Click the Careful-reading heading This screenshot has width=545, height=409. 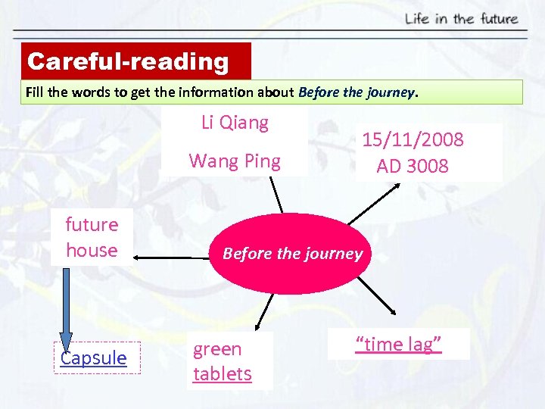[128, 61]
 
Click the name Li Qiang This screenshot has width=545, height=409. [235, 123]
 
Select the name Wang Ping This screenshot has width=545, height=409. [235, 161]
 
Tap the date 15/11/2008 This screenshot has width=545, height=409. [413, 140]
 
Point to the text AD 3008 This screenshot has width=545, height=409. [413, 165]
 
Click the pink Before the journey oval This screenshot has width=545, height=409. [292, 254]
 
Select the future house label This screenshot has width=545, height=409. [92, 237]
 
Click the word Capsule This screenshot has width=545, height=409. [94, 357]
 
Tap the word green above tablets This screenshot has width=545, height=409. [217, 349]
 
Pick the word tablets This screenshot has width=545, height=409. [223, 373]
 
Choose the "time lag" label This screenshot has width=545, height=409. [398, 345]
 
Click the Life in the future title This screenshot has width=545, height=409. [461, 18]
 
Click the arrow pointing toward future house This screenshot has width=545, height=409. [171, 259]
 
